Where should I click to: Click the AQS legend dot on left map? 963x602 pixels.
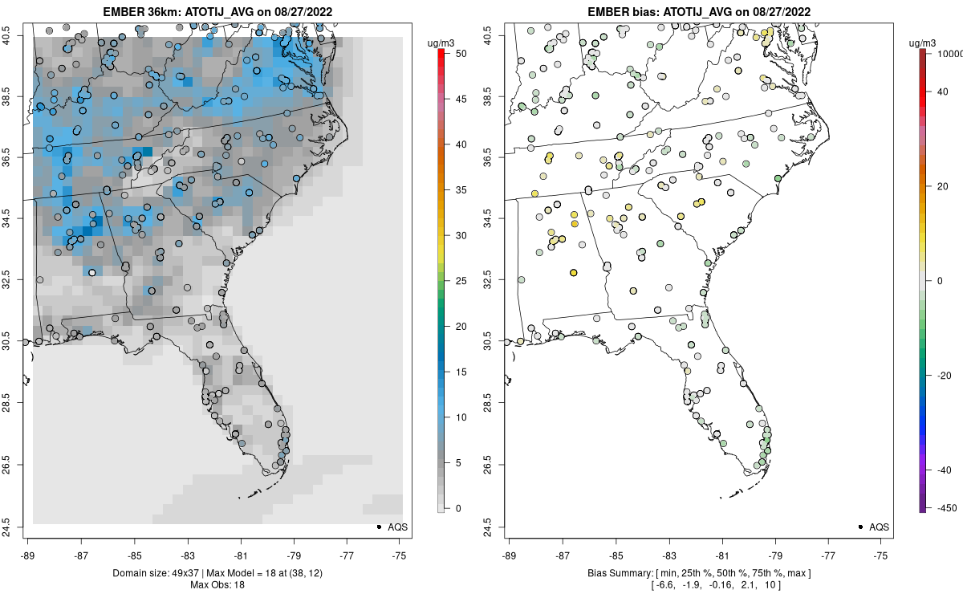click(x=378, y=527)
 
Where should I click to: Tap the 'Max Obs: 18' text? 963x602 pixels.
click(x=217, y=584)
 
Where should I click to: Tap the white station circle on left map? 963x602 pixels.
click(x=91, y=273)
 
